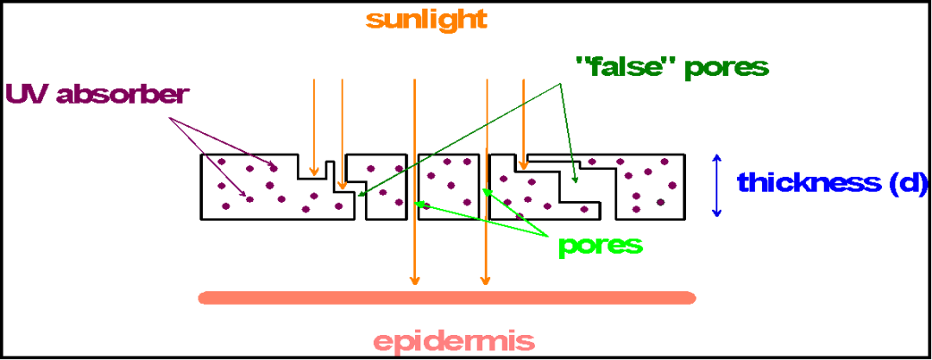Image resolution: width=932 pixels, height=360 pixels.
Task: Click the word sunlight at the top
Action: (x=426, y=19)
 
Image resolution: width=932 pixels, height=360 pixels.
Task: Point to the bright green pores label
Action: (x=601, y=245)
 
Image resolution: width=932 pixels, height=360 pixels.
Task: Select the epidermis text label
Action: (x=453, y=340)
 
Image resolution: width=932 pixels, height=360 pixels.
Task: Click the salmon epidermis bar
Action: (x=447, y=298)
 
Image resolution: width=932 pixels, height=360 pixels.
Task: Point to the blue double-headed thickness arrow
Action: (x=715, y=185)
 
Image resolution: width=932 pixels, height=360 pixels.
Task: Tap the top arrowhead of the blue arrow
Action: (x=715, y=158)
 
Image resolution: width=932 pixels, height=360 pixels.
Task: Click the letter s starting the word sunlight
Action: (x=372, y=20)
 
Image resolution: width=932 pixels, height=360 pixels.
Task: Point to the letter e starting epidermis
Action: (x=381, y=341)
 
